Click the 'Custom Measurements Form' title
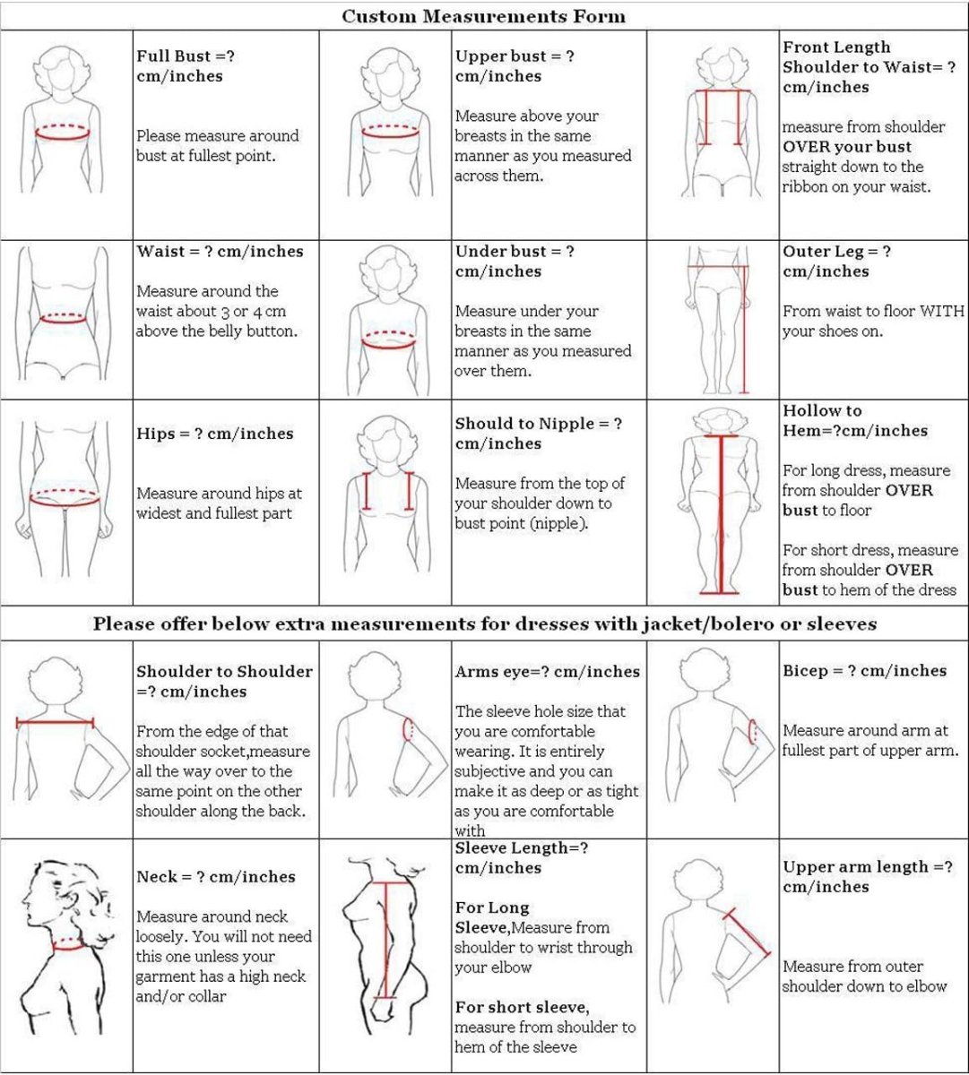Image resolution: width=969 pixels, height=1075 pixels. point(484,16)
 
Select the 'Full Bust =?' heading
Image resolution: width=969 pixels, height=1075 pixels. point(186,56)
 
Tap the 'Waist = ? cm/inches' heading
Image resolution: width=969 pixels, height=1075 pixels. point(220,252)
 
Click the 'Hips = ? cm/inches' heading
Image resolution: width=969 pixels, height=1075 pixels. point(215,433)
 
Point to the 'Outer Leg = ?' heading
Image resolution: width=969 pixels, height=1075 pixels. point(836,252)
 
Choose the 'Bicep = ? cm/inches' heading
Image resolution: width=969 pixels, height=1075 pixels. point(864,670)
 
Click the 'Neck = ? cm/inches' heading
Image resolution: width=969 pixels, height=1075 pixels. point(216,877)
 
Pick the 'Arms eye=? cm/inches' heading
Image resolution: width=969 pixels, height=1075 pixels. point(548,672)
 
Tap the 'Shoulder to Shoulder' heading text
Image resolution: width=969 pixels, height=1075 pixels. point(225,672)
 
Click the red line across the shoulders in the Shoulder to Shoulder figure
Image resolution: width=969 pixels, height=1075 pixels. point(56,723)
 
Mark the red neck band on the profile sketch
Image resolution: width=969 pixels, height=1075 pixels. point(69,944)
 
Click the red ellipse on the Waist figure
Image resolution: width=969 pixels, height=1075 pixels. point(63,319)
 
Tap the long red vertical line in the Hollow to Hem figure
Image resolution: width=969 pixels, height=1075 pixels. point(720,515)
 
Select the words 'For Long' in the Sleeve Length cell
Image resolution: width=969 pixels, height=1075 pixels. point(492,907)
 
